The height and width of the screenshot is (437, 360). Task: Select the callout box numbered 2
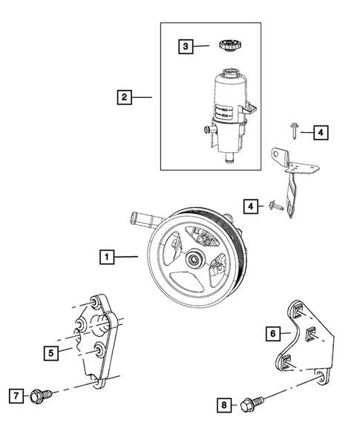(125, 96)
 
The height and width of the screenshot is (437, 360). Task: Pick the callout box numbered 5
(50, 353)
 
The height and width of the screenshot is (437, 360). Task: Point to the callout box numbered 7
(15, 395)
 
